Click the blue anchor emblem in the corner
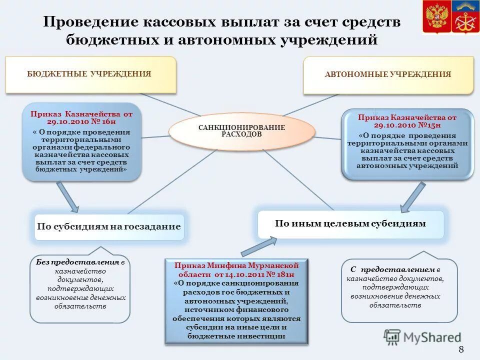click(465, 17)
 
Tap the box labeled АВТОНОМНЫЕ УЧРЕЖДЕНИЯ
click(388, 74)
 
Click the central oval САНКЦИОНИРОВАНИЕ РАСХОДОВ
click(242, 131)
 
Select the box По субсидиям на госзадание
click(108, 226)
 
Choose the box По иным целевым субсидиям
click(350, 223)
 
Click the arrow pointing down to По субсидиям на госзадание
click(67, 196)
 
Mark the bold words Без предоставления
click(77, 262)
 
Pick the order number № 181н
click(280, 275)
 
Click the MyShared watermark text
click(432, 337)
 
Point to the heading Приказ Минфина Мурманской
click(236, 265)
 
